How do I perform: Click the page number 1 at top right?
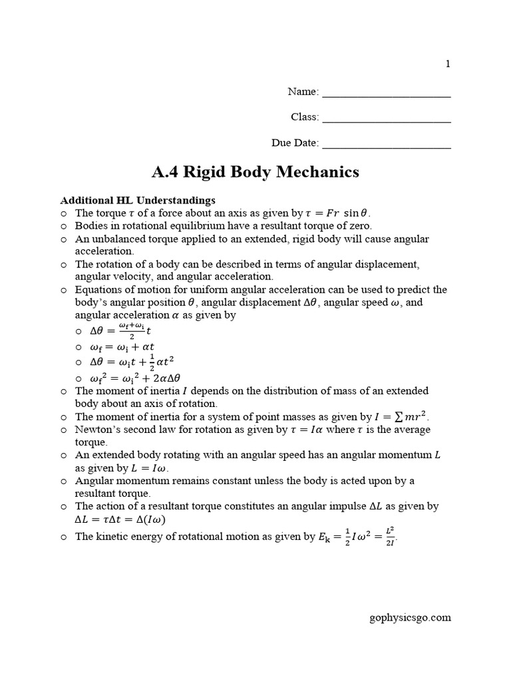click(x=448, y=64)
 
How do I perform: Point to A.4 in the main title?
click(x=166, y=172)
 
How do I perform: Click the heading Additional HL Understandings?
click(x=138, y=200)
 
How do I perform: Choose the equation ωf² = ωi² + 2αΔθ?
click(x=135, y=378)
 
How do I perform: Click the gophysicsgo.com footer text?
click(x=410, y=617)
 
